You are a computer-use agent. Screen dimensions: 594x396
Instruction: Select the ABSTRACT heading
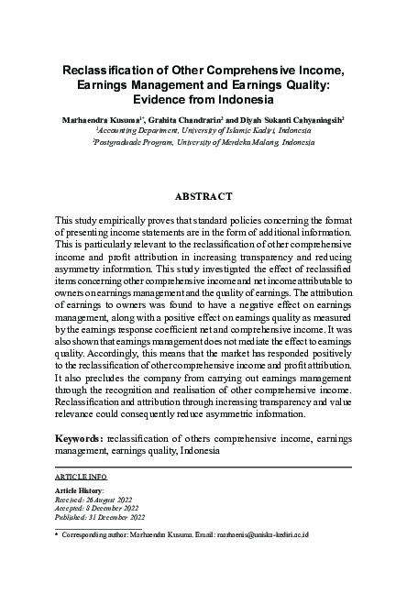pos(198,196)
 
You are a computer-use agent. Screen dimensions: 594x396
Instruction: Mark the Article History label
pos(80,491)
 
